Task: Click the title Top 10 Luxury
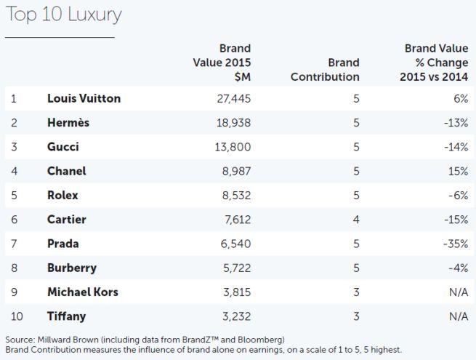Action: point(63,14)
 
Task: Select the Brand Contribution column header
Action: point(325,69)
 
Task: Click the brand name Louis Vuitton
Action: point(84,98)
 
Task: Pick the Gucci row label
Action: point(62,147)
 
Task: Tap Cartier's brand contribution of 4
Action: point(356,220)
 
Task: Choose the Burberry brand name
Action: point(71,268)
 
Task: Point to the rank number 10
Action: point(17,316)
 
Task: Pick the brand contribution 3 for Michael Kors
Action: point(356,292)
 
